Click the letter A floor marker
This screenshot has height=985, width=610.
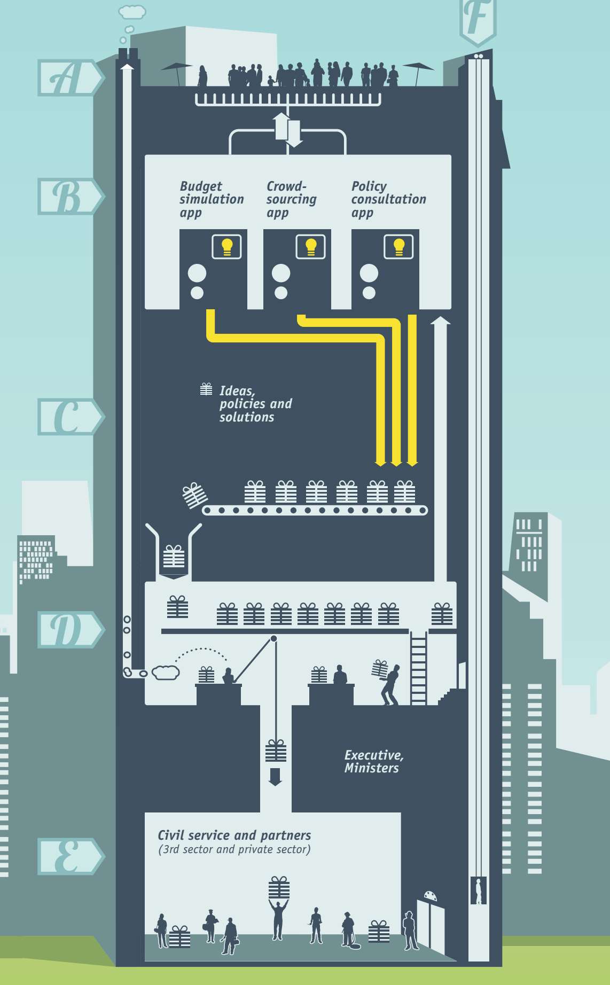pyautogui.click(x=69, y=78)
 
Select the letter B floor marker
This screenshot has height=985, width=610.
pyautogui.click(x=69, y=197)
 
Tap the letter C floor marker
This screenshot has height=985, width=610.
pyautogui.click(x=69, y=417)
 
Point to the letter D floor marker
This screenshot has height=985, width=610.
pyautogui.click(x=69, y=630)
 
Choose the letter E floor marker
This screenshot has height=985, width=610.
pyautogui.click(x=69, y=856)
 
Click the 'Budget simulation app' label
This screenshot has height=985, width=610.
pyautogui.click(x=211, y=199)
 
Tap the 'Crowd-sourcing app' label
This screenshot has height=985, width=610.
pyautogui.click(x=291, y=199)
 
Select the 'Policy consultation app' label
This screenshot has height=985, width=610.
pyautogui.click(x=388, y=199)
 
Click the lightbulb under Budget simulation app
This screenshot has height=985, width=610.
pyautogui.click(x=227, y=247)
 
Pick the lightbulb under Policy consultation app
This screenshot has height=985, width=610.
pyautogui.click(x=398, y=247)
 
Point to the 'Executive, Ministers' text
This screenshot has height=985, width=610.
pyautogui.click(x=373, y=761)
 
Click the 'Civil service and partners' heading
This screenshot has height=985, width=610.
pyautogui.click(x=234, y=835)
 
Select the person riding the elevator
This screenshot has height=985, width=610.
pyautogui.click(x=479, y=892)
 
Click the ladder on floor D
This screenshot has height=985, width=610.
pyautogui.click(x=418, y=668)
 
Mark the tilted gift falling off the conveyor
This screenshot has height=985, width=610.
pyautogui.click(x=194, y=496)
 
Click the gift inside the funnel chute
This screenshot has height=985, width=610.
pyautogui.click(x=174, y=557)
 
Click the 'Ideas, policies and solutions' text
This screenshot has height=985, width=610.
pyautogui.click(x=255, y=404)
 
